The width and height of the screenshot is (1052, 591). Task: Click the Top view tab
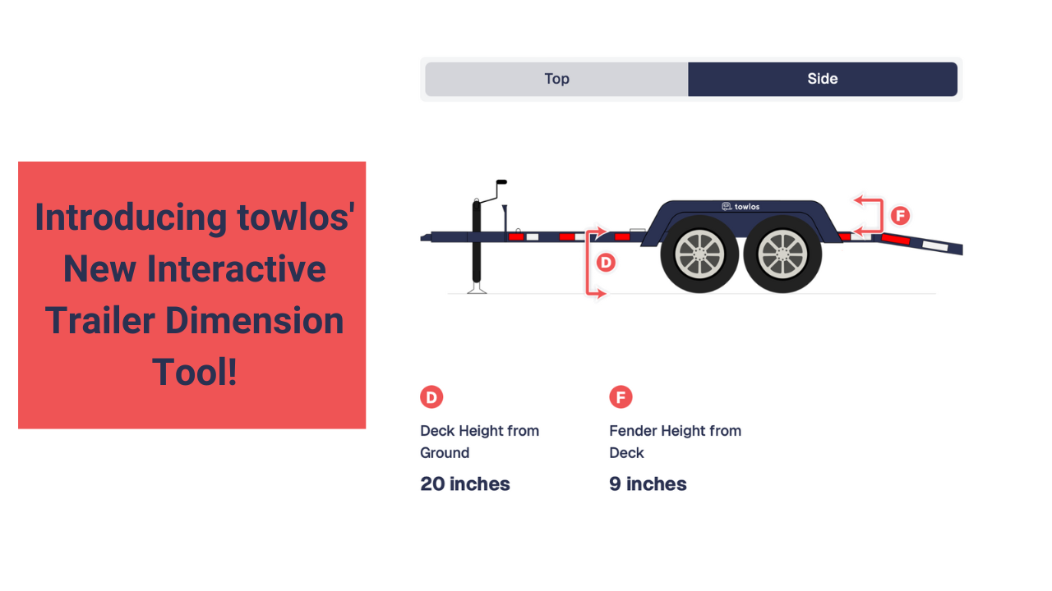coord(556,79)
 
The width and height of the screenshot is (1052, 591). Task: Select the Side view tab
coord(823,79)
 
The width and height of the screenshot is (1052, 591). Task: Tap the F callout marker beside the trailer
coord(900,216)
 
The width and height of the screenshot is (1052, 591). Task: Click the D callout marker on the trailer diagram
coord(606,263)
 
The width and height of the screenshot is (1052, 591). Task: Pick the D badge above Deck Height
coord(431,397)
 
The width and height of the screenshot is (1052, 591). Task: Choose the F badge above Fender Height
coord(621,397)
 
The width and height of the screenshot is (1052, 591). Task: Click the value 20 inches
coord(465,484)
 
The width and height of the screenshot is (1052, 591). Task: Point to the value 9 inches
coord(648,484)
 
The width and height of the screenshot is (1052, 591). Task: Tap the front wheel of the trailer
coord(699,254)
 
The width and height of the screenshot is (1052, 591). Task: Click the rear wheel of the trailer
coord(782,254)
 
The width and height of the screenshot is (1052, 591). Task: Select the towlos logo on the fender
coord(741,206)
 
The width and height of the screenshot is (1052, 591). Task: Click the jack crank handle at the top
coord(501,182)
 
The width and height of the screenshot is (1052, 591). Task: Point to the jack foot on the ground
coord(477,288)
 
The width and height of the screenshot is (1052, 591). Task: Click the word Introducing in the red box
coord(131,218)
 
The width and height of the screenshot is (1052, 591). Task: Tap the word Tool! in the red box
coord(195,372)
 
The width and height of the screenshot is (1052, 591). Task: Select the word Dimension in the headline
coord(255,320)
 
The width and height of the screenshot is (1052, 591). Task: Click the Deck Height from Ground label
coord(479,442)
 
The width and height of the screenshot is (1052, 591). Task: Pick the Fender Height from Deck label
coord(676,442)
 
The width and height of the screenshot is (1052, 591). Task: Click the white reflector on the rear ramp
coord(935,245)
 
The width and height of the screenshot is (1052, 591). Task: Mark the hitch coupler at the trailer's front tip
coord(426,237)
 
